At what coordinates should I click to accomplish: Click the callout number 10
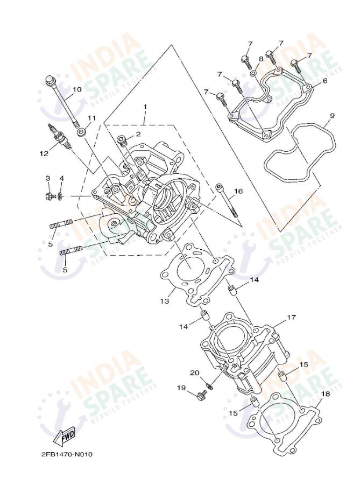tap(77, 89)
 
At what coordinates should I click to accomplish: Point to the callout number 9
tap(331, 115)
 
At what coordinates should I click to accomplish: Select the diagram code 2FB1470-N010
tap(67, 454)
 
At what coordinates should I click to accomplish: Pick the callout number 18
tap(324, 393)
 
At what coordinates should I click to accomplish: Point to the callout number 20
tap(194, 373)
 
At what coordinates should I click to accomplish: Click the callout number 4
tap(61, 178)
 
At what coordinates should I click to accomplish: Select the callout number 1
tap(145, 107)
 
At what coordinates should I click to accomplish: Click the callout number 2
tap(138, 133)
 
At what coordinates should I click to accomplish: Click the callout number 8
tap(261, 59)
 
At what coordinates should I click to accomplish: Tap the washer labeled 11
tap(81, 131)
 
